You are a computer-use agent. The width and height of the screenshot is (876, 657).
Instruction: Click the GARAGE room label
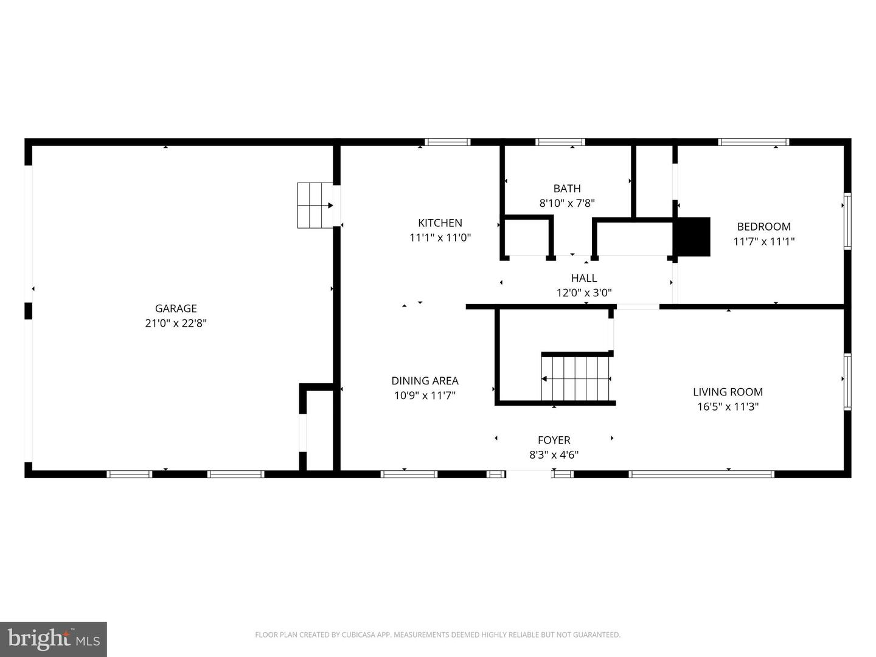176,308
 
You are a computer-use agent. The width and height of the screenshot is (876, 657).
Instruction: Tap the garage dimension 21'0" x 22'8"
176,324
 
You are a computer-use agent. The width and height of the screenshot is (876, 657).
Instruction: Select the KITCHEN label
440,223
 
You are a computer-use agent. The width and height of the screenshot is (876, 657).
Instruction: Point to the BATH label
567,189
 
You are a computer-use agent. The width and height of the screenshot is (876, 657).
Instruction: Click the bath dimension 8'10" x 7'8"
567,203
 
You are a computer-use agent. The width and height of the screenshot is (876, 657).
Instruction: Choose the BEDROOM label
763,226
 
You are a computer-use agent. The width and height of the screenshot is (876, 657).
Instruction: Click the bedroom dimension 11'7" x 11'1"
763,242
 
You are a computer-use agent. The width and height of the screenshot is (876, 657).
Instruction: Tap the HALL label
583,278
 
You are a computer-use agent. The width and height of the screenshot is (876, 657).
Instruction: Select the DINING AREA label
425,381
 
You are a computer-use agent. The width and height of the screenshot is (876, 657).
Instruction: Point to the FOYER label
554,440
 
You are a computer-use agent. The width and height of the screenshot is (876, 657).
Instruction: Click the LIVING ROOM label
728,392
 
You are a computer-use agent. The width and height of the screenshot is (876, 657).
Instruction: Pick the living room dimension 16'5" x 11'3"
728,407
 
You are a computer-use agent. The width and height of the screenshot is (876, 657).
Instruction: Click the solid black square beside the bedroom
692,237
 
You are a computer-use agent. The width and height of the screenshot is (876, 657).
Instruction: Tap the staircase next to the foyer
576,378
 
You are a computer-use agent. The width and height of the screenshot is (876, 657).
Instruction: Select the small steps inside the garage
315,205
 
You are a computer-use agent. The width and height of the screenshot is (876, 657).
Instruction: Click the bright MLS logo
54,639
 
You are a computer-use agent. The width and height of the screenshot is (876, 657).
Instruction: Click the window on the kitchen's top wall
448,142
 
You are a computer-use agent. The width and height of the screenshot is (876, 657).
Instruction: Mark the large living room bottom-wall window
701,474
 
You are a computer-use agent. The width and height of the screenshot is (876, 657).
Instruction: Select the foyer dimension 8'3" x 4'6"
554,455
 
